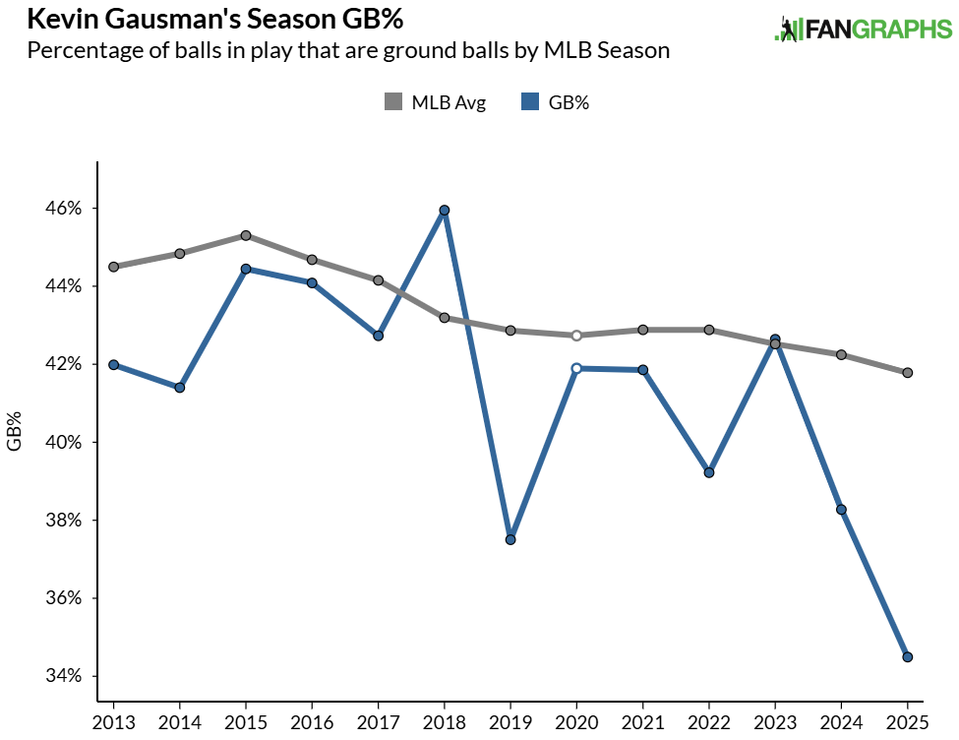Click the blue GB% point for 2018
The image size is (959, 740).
click(x=445, y=211)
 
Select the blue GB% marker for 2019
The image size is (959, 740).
click(x=510, y=539)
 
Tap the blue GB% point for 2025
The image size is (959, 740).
click(x=908, y=656)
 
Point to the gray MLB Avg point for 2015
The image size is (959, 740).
click(x=246, y=235)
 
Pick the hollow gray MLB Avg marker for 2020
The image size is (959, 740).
click(x=576, y=336)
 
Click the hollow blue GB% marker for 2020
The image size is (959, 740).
click(x=576, y=368)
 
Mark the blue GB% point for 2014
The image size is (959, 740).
click(x=180, y=388)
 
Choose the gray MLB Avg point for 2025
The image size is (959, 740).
click(x=908, y=373)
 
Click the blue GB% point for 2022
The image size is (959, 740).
click(x=709, y=472)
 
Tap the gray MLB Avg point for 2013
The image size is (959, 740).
click(x=114, y=267)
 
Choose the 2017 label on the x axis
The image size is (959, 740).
click(x=379, y=723)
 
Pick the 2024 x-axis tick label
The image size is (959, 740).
click(x=842, y=723)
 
